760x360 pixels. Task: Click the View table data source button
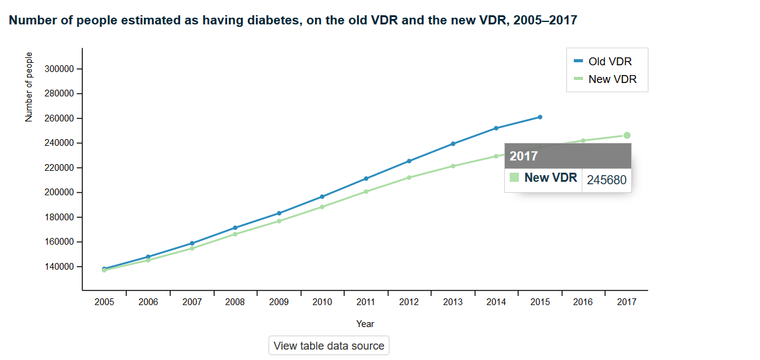click(328, 346)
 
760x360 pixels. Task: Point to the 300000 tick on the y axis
click(59, 69)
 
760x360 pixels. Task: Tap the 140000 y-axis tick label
click(59, 267)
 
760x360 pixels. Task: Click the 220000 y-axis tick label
click(59, 168)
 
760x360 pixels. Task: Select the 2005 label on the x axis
click(104, 302)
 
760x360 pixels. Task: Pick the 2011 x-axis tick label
click(366, 302)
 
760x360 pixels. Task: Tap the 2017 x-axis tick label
click(626, 302)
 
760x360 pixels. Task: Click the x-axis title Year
click(366, 324)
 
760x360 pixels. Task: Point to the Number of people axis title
click(29, 87)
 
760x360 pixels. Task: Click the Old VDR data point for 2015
click(540, 117)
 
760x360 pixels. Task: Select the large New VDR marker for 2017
click(627, 135)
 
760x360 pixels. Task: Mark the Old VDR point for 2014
click(496, 128)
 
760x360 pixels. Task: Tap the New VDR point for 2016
click(583, 140)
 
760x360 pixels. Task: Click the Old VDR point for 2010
click(322, 196)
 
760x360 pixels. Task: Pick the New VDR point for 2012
click(409, 178)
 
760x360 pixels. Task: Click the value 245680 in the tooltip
click(606, 180)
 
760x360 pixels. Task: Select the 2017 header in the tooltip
click(524, 156)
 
